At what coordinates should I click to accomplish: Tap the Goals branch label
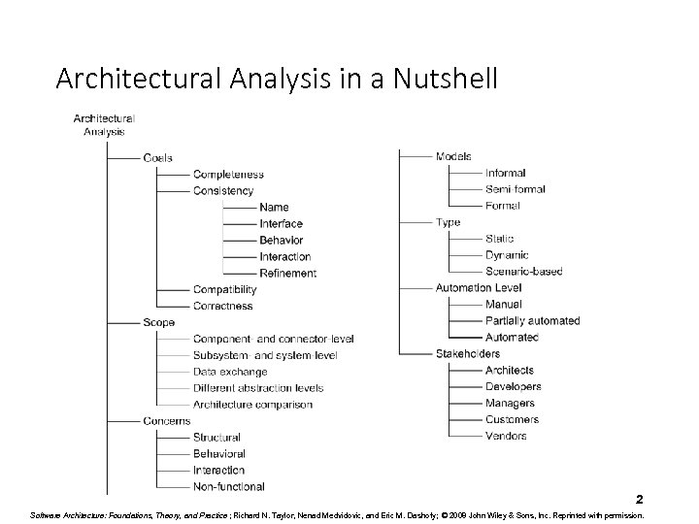point(157,158)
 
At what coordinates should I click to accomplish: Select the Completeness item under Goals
point(228,175)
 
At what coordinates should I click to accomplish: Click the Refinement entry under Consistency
point(287,273)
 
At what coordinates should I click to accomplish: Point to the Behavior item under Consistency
point(282,240)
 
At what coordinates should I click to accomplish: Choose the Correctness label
point(223,306)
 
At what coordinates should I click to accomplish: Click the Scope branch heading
point(158,322)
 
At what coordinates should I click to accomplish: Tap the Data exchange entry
point(230,372)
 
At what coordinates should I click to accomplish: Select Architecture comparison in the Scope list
point(252,405)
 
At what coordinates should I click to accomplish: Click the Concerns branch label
point(166,421)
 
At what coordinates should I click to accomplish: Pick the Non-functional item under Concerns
point(229,486)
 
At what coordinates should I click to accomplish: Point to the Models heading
point(453,156)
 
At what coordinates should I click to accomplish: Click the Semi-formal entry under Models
point(516,189)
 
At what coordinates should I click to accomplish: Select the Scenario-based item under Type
point(524,271)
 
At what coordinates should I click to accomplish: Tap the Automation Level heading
point(479,287)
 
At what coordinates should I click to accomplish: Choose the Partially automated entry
point(533,320)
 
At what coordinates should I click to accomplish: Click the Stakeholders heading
point(468,353)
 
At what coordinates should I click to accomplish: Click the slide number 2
point(640,499)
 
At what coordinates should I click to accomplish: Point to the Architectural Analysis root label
point(104,124)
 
